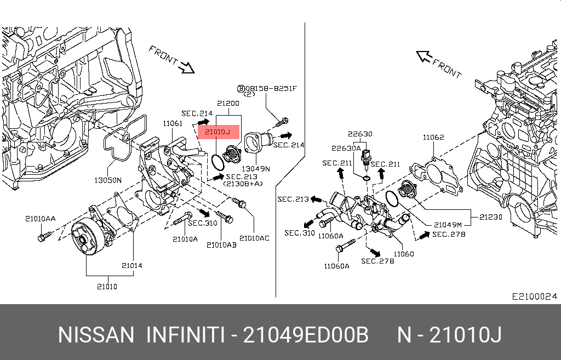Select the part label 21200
227,103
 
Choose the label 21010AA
40,218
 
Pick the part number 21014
132,265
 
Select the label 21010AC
255,238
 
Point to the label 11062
433,137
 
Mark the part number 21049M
448,224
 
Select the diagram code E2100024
534,296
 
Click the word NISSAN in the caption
96,335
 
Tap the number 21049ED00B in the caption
306,335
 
